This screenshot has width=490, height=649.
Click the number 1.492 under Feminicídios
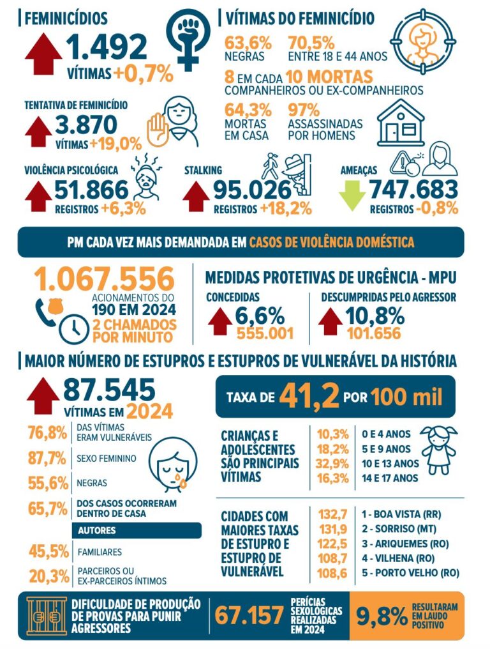107,47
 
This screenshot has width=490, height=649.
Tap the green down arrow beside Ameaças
352,195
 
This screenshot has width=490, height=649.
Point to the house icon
401,123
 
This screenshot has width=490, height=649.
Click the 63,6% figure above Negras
248,43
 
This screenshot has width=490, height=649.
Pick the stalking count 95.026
253,190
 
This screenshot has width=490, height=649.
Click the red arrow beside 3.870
38,132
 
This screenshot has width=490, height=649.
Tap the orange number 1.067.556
105,279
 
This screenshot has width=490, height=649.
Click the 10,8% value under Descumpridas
375,316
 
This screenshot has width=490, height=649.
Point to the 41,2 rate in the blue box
309,396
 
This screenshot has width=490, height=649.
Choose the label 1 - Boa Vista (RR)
401,514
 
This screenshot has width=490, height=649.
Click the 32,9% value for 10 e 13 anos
332,464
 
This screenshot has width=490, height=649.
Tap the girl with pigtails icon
439,450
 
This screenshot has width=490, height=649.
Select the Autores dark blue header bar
137,530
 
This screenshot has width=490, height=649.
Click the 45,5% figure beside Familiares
48,551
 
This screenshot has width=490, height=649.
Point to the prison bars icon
47,616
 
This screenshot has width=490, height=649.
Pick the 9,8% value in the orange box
382,616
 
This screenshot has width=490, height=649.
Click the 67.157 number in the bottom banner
249,616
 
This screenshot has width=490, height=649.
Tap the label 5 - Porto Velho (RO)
410,573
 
